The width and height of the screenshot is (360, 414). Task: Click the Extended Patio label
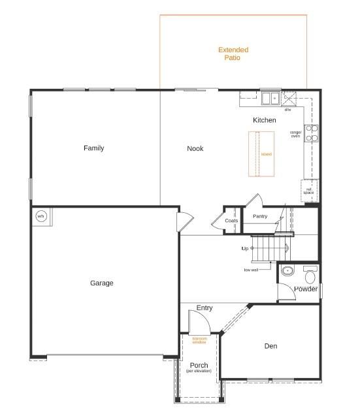[233, 54]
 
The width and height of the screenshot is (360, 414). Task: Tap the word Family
[93, 148]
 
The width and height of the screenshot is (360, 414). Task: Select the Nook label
[195, 149]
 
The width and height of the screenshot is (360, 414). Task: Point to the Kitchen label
[264, 120]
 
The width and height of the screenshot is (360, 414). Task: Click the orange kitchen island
[260, 154]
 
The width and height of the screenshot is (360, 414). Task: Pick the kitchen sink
[270, 99]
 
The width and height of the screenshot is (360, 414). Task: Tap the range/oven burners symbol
[312, 133]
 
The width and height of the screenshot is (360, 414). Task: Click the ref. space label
[308, 191]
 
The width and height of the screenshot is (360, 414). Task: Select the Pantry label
[260, 216]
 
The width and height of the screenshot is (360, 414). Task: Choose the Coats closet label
[231, 221]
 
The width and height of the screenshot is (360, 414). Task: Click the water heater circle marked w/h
[41, 216]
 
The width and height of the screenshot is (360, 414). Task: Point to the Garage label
[101, 283]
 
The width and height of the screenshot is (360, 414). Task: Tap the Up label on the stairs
[245, 249]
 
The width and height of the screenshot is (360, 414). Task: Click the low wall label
[251, 270]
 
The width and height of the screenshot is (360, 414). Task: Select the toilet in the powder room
[309, 276]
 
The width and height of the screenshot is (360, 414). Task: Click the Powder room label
[306, 289]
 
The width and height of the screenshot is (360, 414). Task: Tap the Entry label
[205, 308]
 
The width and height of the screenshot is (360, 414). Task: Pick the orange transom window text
[199, 340]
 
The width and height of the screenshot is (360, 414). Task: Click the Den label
[271, 346]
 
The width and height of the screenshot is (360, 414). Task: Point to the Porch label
[199, 365]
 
